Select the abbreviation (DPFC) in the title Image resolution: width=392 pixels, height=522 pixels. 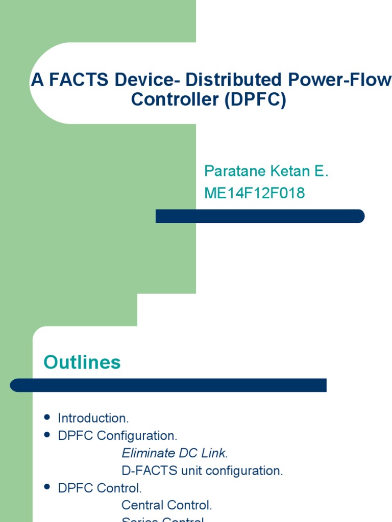pos(255,99)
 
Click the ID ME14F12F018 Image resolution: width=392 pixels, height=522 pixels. pos(254,193)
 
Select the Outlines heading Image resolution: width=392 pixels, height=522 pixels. pos(82,362)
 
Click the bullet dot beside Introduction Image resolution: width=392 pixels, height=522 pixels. pos(47,417)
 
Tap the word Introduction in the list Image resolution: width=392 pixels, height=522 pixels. pos(93,419)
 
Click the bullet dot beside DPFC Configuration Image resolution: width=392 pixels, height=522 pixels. pos(47,435)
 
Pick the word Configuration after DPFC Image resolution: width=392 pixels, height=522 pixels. pos(137,436)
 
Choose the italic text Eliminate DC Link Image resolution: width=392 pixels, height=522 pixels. pos(175,453)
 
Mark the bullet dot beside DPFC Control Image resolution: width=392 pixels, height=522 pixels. pos(47,487)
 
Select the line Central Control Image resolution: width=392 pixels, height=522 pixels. pos(166,505)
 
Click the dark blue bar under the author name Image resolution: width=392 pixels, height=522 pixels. pos(260,216)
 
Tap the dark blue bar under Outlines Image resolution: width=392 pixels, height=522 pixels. pos(168,385)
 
